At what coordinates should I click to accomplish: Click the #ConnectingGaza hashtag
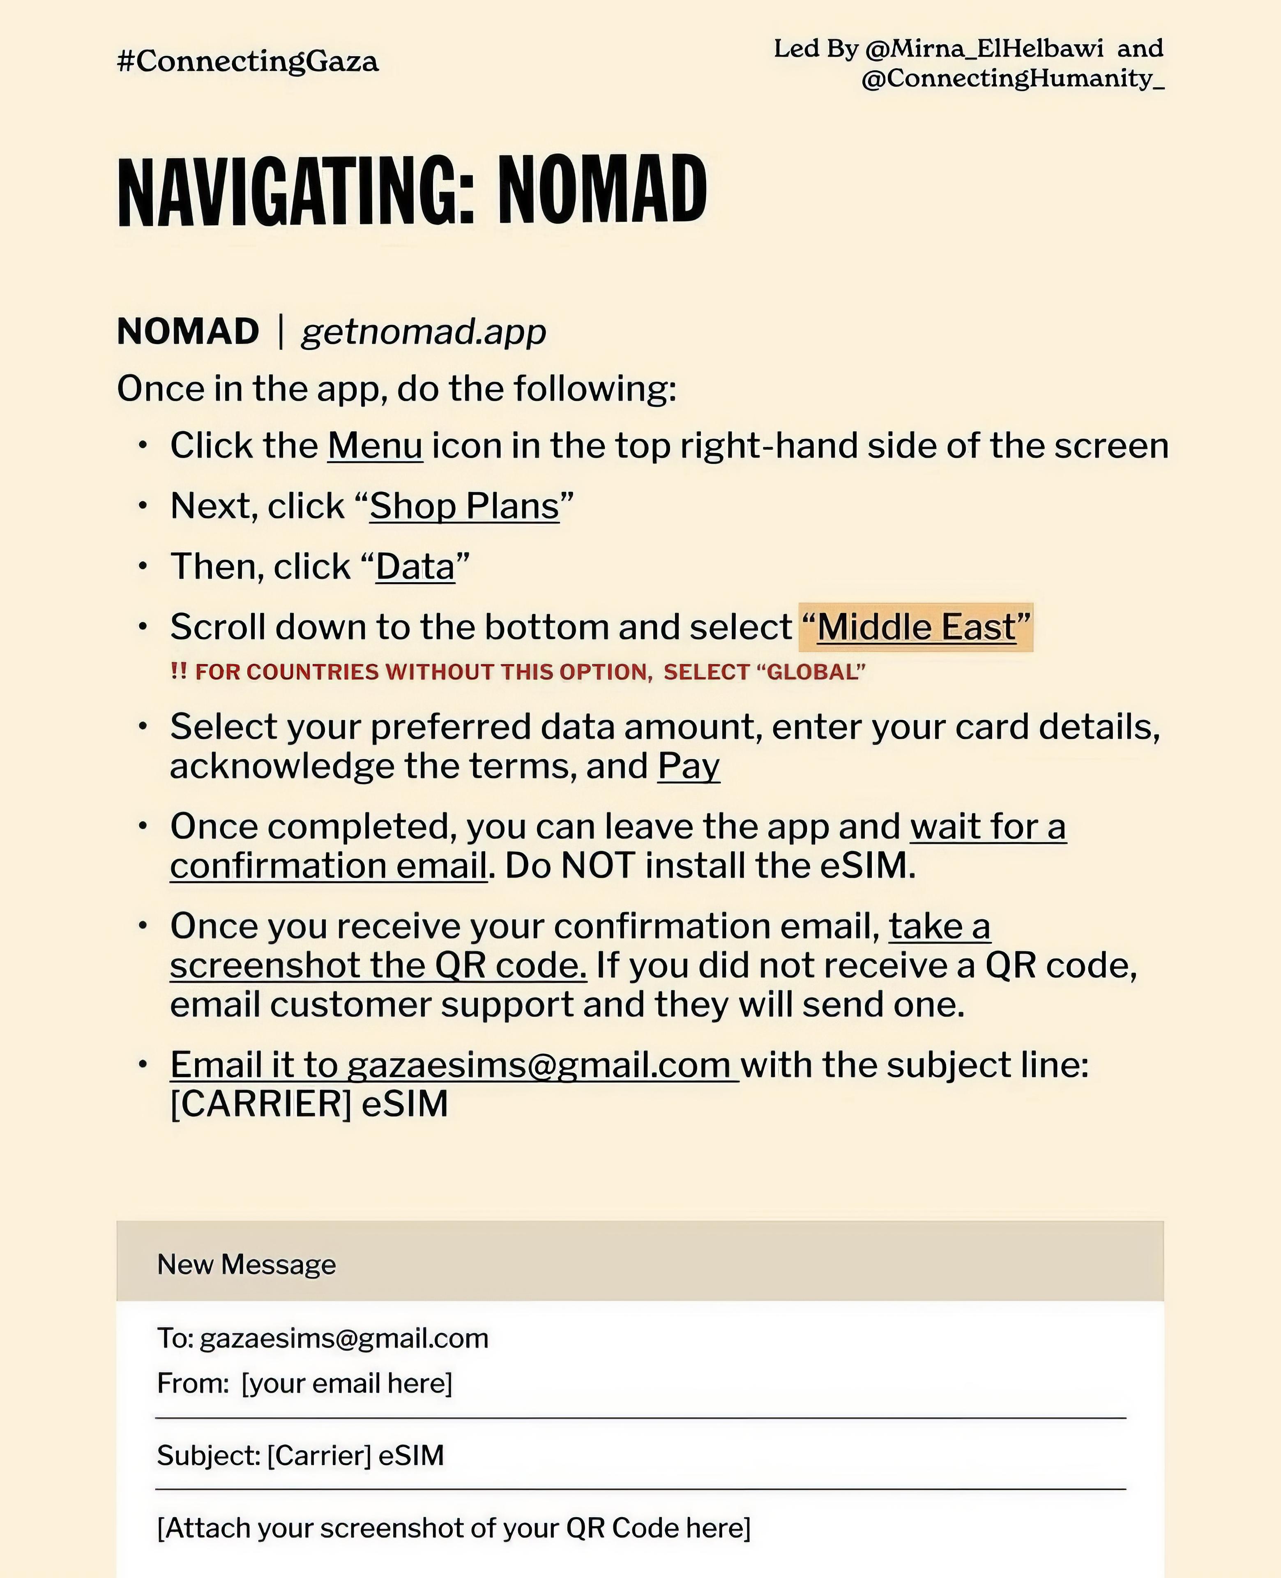click(x=247, y=61)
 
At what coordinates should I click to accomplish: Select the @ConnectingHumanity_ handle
click(x=1012, y=78)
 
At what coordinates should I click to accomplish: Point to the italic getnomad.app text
click(x=424, y=331)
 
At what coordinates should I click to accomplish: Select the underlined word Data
click(x=415, y=567)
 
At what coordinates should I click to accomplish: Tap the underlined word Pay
click(x=689, y=766)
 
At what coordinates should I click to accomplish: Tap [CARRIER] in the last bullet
click(x=260, y=1104)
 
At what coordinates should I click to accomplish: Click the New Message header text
click(x=247, y=1265)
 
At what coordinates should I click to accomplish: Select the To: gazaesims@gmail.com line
click(x=323, y=1338)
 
